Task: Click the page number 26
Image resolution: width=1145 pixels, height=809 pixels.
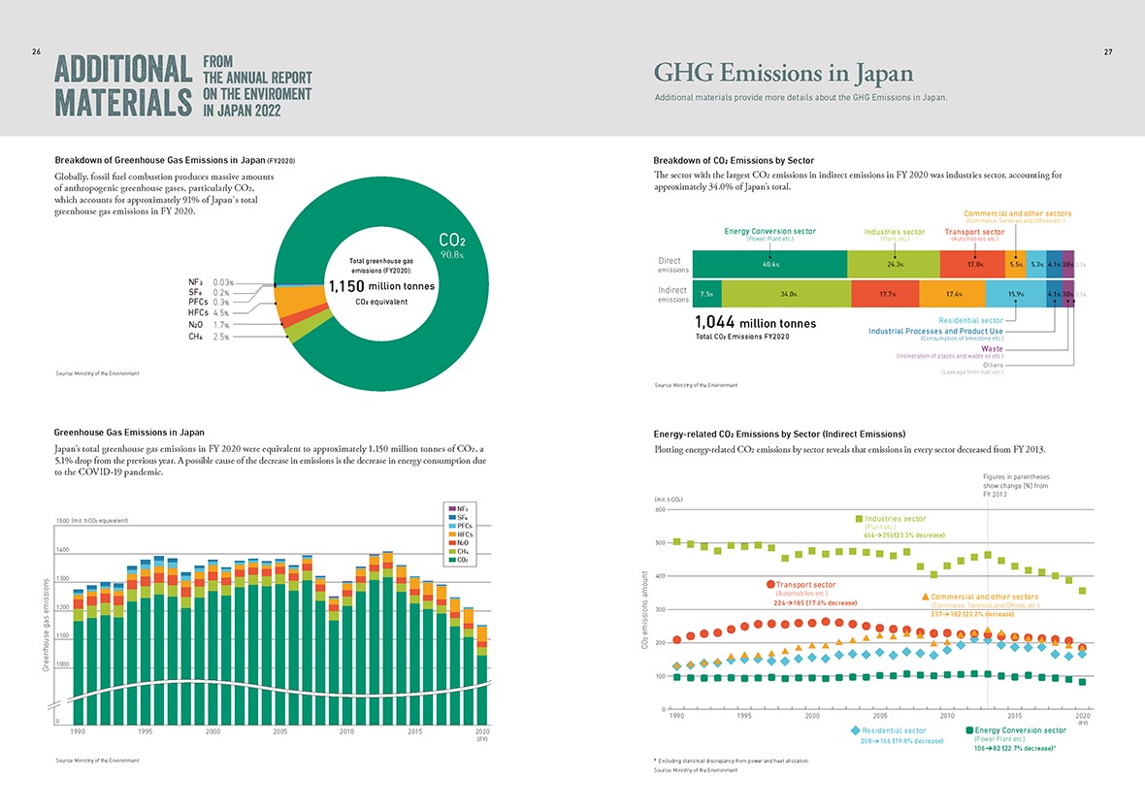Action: coord(36,51)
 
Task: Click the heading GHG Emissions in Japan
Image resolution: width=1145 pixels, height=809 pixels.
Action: coord(783,74)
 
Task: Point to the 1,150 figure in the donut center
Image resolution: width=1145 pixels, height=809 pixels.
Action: coord(346,286)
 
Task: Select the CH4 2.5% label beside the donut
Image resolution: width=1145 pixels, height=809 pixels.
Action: coord(209,337)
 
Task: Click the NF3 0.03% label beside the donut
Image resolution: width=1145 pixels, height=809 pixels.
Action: coord(209,282)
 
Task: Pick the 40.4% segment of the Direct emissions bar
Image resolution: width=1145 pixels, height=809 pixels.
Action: coord(771,264)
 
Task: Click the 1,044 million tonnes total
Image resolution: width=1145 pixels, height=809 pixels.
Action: coord(756,323)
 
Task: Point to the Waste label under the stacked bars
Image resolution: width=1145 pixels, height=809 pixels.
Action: coord(992,348)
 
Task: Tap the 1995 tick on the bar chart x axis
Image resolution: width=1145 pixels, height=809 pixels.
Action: coord(146,732)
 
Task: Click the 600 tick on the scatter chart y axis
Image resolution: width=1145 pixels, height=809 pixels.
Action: coord(659,510)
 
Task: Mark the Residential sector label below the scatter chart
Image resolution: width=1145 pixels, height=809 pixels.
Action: coord(893,730)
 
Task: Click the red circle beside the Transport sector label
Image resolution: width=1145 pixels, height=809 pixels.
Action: coord(770,585)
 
